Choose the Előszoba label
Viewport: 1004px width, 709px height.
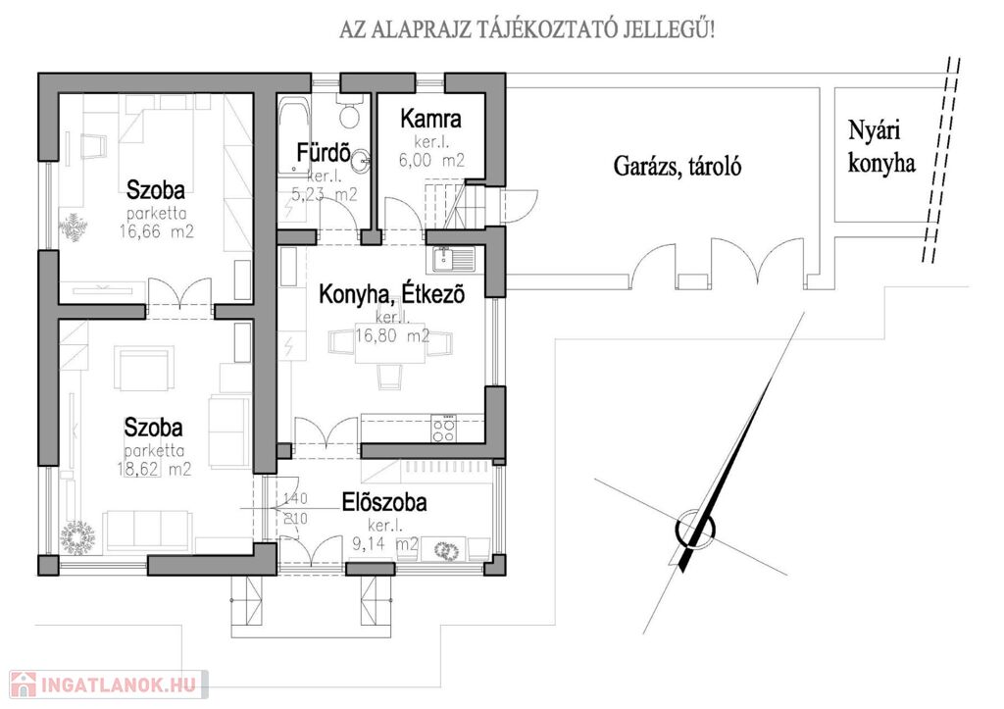pyautogui.click(x=384, y=503)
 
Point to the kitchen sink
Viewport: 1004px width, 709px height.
pyautogui.click(x=452, y=260)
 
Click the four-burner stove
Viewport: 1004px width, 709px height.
pyautogui.click(x=444, y=426)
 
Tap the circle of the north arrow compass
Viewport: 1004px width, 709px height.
pyautogui.click(x=694, y=530)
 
